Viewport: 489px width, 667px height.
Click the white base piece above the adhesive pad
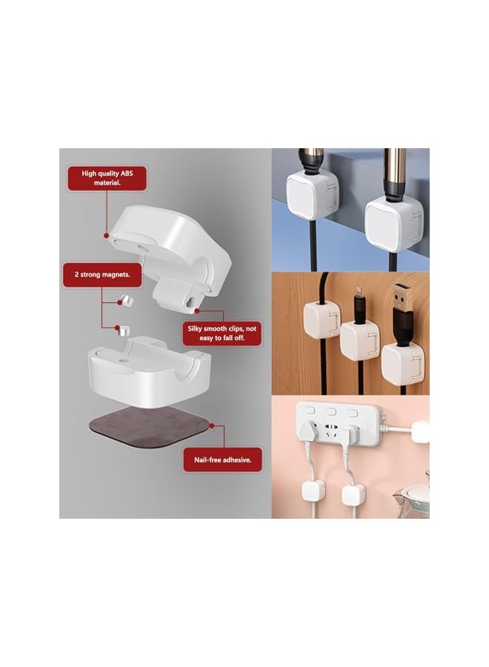point(149,371)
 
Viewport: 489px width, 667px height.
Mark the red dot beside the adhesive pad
point(212,426)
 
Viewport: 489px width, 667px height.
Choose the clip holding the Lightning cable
point(359,339)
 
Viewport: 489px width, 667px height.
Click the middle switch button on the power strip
point(331,411)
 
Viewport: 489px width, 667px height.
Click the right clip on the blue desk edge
point(390,222)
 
